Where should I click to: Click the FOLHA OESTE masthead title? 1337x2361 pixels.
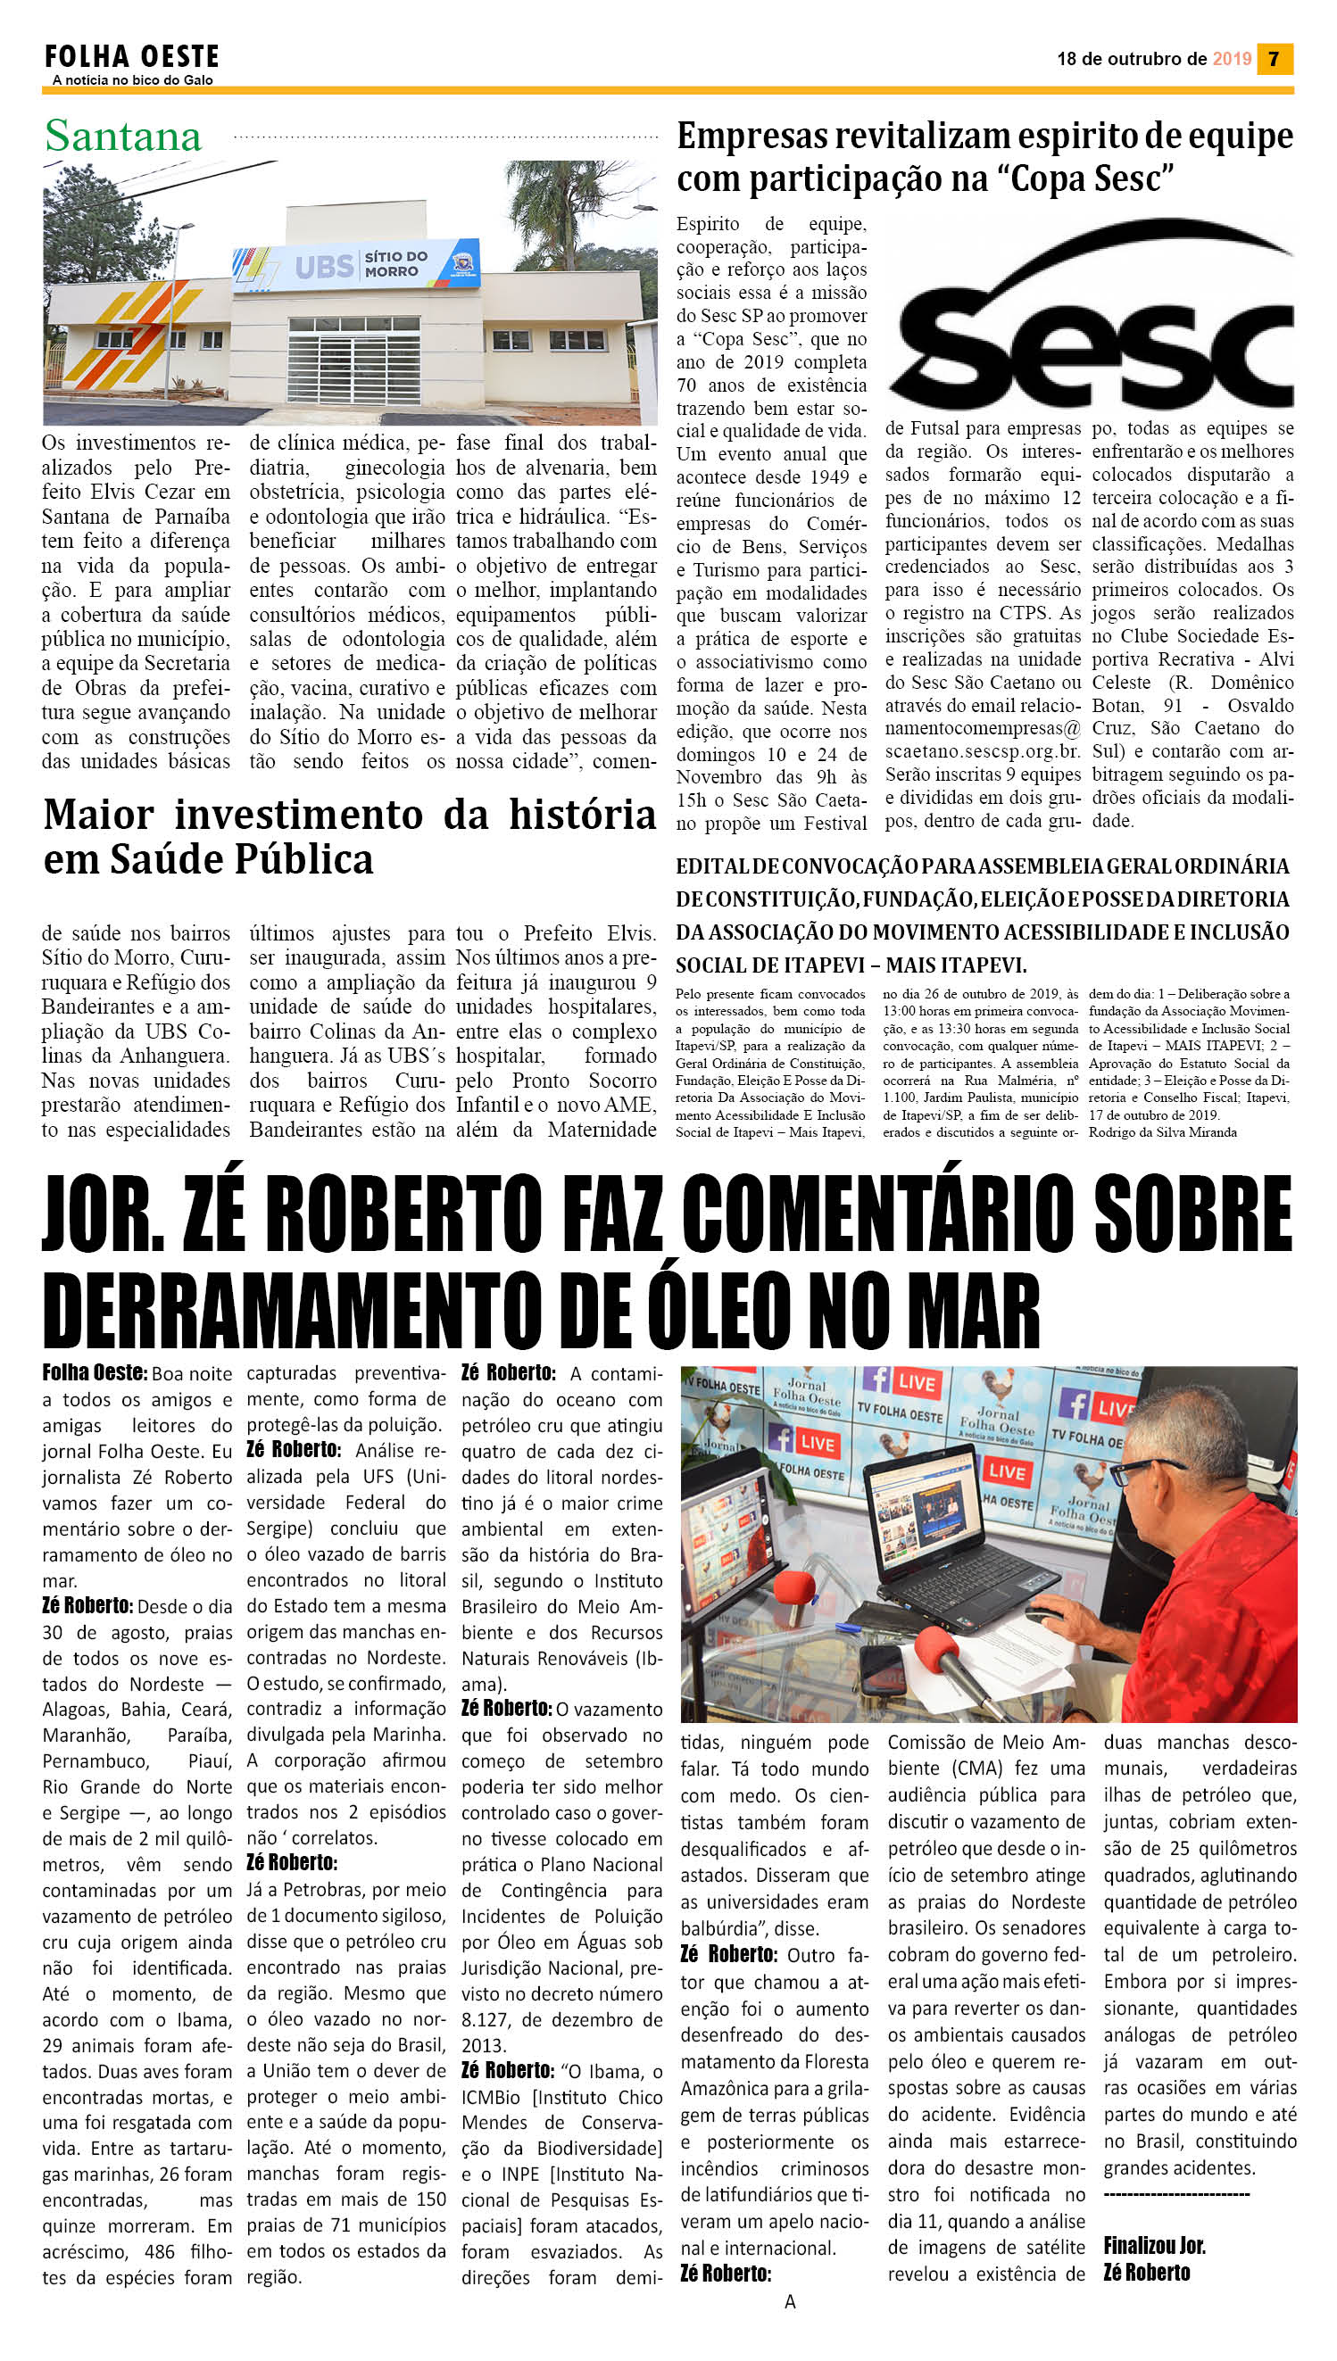click(131, 57)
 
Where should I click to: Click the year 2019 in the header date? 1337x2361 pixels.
click(1231, 59)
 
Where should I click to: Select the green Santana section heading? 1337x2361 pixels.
click(123, 137)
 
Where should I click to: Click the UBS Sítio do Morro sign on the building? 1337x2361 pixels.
click(356, 265)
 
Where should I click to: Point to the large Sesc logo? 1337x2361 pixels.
click(1092, 317)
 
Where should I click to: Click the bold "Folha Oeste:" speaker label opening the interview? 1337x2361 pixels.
click(94, 1372)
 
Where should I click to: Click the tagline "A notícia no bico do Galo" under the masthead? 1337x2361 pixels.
click(132, 80)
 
